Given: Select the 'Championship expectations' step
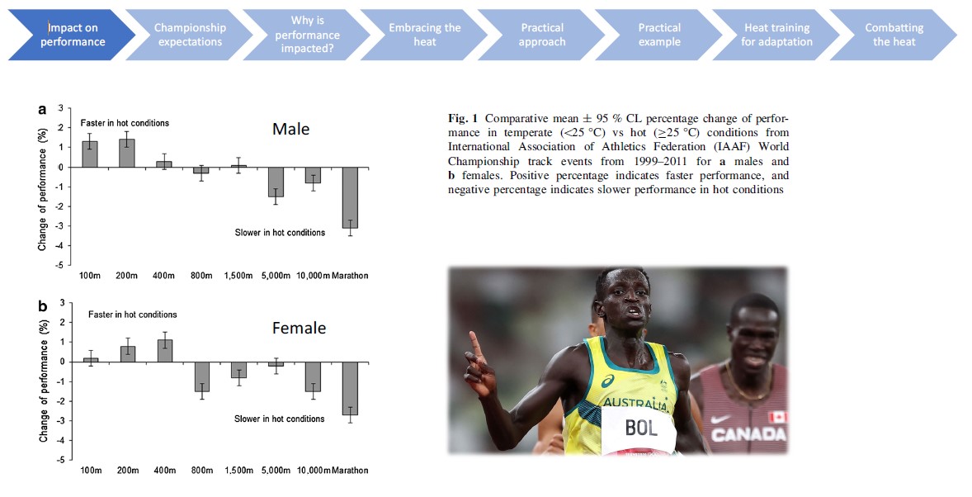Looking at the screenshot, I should coord(189,35).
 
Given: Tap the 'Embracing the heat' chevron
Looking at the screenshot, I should coord(424,35).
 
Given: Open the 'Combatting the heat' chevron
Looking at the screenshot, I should coord(894,35).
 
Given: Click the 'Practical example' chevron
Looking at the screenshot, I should coord(659,35).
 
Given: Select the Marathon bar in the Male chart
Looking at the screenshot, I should coord(351,197).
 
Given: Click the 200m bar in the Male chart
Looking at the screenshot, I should coord(127,154).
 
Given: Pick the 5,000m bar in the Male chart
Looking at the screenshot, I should coord(276,182).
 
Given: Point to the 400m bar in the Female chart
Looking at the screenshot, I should coord(164,351).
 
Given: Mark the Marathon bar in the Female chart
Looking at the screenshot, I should coord(351,388).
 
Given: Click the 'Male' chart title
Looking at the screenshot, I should coord(291,130).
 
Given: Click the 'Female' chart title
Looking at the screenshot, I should coord(299,329).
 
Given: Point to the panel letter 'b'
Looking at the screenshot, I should coord(42,306).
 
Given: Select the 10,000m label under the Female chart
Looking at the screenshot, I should coord(313,471).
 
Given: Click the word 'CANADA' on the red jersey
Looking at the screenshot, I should coord(748,434).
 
